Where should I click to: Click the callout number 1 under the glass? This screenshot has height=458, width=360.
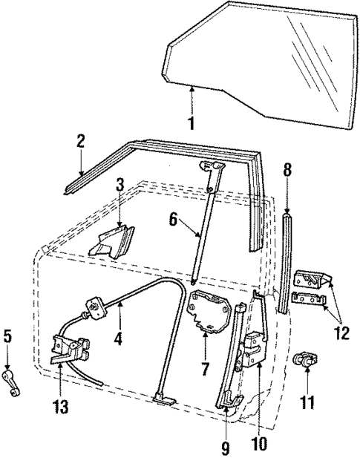pyautogui.click(x=191, y=123)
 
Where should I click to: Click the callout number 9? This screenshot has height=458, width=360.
pyautogui.click(x=225, y=447)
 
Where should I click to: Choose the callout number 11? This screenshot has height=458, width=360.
pyautogui.click(x=307, y=403)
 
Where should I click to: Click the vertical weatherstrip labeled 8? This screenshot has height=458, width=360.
pyautogui.click(x=285, y=260)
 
